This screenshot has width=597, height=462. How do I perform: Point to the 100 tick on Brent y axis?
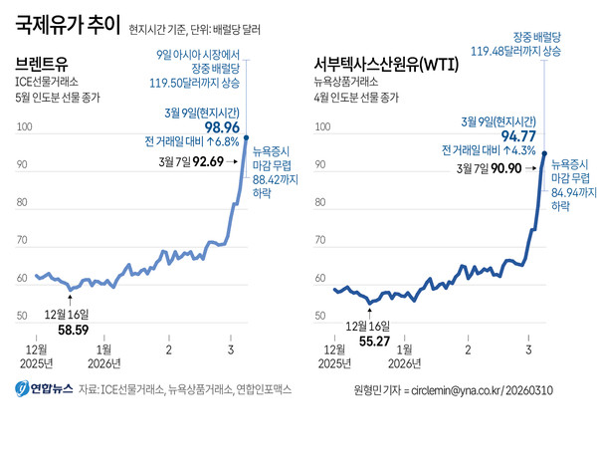point(25,128)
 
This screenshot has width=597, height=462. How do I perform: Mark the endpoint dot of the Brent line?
point(246,137)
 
